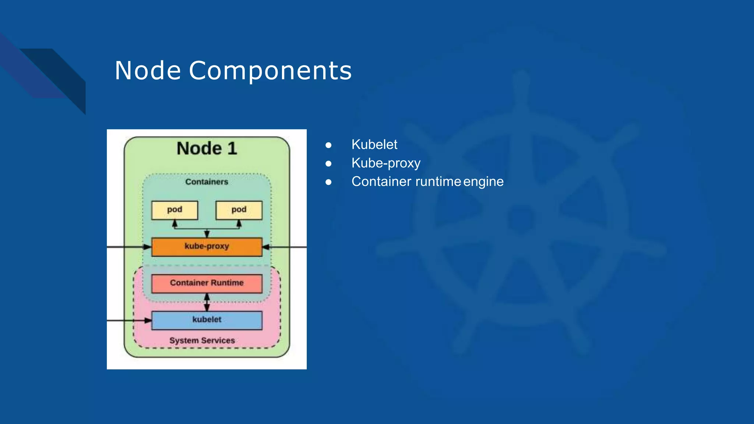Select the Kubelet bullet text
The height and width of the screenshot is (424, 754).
374,145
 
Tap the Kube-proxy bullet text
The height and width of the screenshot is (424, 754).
385,163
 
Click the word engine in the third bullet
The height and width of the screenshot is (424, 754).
483,181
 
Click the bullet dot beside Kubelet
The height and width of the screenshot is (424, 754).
328,145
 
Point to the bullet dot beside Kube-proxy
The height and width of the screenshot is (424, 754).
328,163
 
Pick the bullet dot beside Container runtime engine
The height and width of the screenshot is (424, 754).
328,182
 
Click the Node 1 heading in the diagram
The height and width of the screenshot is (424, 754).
207,148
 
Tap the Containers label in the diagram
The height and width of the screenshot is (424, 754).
207,182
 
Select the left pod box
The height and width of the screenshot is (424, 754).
175,210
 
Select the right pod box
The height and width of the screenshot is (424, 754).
239,210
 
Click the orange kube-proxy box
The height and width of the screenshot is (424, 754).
207,247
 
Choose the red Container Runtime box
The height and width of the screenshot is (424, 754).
207,283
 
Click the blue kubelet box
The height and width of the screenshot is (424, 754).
207,320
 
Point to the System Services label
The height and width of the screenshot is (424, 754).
202,340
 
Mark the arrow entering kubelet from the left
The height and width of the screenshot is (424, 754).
129,321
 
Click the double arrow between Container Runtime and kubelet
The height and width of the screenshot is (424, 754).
207,302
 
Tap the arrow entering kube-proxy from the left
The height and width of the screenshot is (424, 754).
129,247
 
